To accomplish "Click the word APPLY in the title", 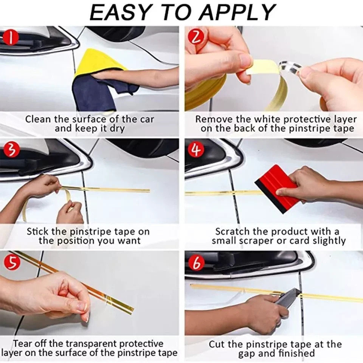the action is pos(237,13).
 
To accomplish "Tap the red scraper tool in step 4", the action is pos(276,188).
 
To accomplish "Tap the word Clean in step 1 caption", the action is pos(38,119).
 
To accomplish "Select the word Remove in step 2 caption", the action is pos(213,119).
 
